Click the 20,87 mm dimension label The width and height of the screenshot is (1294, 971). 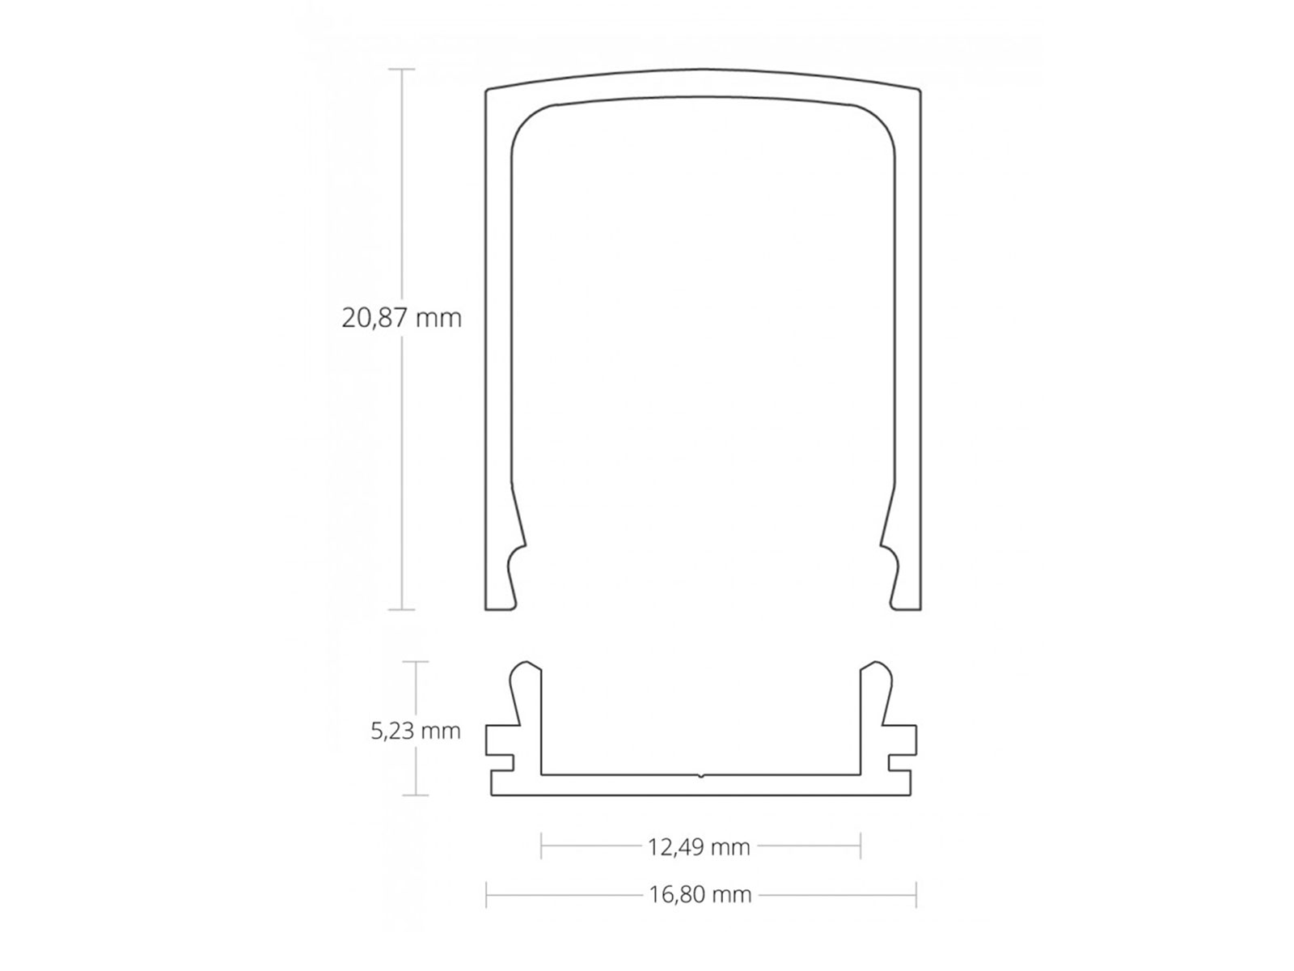[x=401, y=318]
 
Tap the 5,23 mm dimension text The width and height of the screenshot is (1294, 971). [x=416, y=731]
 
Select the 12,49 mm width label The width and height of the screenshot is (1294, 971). [x=699, y=847]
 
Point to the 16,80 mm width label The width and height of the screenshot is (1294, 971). [x=700, y=894]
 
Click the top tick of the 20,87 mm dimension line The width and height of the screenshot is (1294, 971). [x=402, y=70]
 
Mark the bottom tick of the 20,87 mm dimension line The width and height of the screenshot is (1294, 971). [x=402, y=609]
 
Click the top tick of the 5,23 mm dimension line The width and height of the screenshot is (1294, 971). [x=416, y=662]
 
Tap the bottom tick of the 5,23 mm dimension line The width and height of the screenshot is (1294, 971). [x=416, y=795]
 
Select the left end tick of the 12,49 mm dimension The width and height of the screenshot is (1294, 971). [x=541, y=846]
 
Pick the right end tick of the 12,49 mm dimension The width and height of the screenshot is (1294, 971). [x=861, y=846]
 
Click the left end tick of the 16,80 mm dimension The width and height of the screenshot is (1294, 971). [x=486, y=894]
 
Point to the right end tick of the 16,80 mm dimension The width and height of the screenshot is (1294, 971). [x=916, y=894]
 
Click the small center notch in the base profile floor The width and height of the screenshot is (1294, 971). [x=700, y=775]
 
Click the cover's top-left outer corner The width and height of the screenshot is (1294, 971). [x=486, y=90]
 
